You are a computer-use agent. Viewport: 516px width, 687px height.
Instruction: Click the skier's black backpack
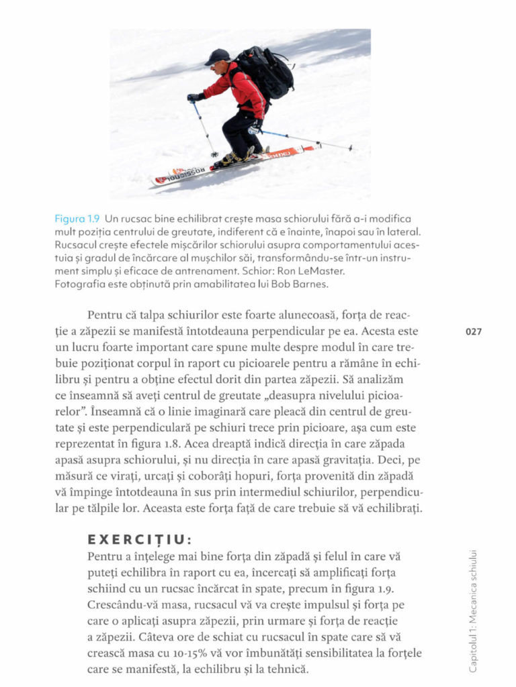pos(269,72)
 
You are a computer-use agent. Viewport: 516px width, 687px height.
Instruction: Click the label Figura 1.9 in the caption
pos(77,219)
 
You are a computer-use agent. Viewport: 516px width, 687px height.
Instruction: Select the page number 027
pos(474,331)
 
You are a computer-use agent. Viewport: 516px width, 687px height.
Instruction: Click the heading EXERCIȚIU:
pos(140,539)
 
